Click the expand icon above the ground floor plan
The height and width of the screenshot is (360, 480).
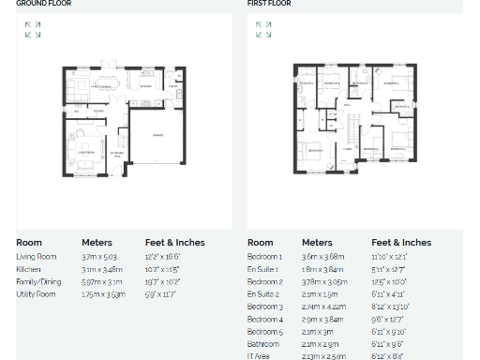pos(33,30)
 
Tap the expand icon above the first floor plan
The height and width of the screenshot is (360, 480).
pos(263,30)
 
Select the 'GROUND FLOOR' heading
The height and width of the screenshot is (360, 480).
pos(44,4)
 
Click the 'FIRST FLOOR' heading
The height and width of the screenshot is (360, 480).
pos(269,4)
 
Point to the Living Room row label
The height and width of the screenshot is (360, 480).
pos(37,257)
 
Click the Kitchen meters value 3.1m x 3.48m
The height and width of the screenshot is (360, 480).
pos(102,270)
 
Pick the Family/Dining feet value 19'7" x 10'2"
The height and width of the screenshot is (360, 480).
pos(163,282)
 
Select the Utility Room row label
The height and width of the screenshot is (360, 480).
pos(36,294)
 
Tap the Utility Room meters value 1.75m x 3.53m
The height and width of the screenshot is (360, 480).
pos(103,294)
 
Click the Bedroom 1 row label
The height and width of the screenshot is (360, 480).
pos(264,257)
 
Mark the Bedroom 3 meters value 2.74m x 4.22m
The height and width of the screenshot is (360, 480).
pos(324,307)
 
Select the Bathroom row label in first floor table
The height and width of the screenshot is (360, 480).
pos(263,344)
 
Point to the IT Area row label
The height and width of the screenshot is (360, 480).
pos(259,356)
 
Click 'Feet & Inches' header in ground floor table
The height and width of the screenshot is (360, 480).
pos(174,243)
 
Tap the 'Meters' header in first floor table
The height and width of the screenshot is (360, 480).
pos(317,243)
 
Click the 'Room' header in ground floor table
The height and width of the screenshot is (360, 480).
pos(29,243)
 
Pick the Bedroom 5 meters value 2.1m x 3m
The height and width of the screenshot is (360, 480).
pos(318,332)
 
